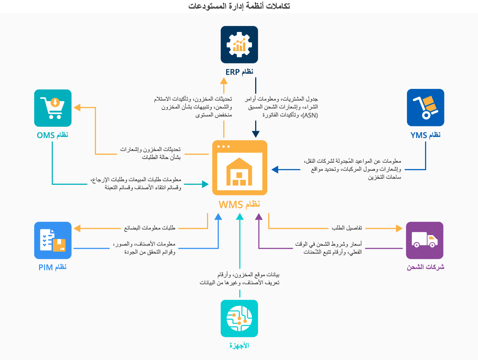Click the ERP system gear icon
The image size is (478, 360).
pyautogui.click(x=239, y=45)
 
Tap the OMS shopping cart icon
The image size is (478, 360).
pyautogui.click(x=53, y=108)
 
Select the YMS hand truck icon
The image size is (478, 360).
pyautogui.click(x=425, y=108)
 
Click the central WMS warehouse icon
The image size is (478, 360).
pyautogui.click(x=240, y=168)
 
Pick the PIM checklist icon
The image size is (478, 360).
pyautogui.click(x=53, y=241)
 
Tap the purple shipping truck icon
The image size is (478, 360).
pyautogui.click(x=425, y=241)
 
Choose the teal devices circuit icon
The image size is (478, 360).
pyautogui.click(x=239, y=318)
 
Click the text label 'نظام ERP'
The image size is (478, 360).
pyautogui.click(x=239, y=72)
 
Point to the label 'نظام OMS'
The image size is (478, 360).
pyautogui.click(x=53, y=135)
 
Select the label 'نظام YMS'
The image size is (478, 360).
pyautogui.click(x=425, y=135)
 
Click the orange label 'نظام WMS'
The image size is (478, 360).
pyautogui.click(x=239, y=204)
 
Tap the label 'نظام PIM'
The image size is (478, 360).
pyautogui.click(x=53, y=267)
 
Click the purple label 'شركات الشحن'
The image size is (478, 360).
pyautogui.click(x=425, y=267)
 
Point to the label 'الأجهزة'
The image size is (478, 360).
pyautogui.click(x=239, y=346)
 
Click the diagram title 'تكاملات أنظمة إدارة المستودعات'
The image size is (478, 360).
pyautogui.click(x=239, y=6)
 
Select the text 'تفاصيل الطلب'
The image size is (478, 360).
pyautogui.click(x=347, y=228)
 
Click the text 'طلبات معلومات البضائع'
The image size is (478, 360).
pyautogui.click(x=150, y=228)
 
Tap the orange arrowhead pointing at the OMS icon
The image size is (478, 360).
pyautogui.click(x=77, y=108)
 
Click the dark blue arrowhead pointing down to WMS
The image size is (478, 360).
pyautogui.click(x=256, y=134)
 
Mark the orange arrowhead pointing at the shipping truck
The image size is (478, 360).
pyautogui.click(x=399, y=228)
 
